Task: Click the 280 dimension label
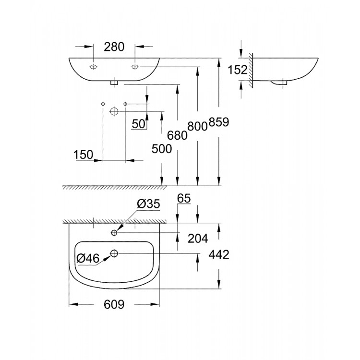tap(114, 47)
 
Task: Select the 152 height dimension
tap(238, 70)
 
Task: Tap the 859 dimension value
tap(219, 122)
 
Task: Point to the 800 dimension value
tap(198, 126)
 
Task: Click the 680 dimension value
tap(177, 135)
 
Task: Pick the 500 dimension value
tap(162, 149)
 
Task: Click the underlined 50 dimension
tap(139, 124)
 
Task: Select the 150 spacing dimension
tap(84, 155)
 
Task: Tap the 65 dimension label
tap(184, 198)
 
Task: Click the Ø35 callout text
tap(148, 204)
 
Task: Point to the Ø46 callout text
tap(88, 259)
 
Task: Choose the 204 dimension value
tap(198, 238)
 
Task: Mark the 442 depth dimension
tap(219, 254)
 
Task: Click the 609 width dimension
tap(114, 305)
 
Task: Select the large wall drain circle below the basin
tap(114, 111)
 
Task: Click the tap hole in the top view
tap(114, 233)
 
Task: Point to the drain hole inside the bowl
tap(114, 253)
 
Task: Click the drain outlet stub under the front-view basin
tap(114, 83)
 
